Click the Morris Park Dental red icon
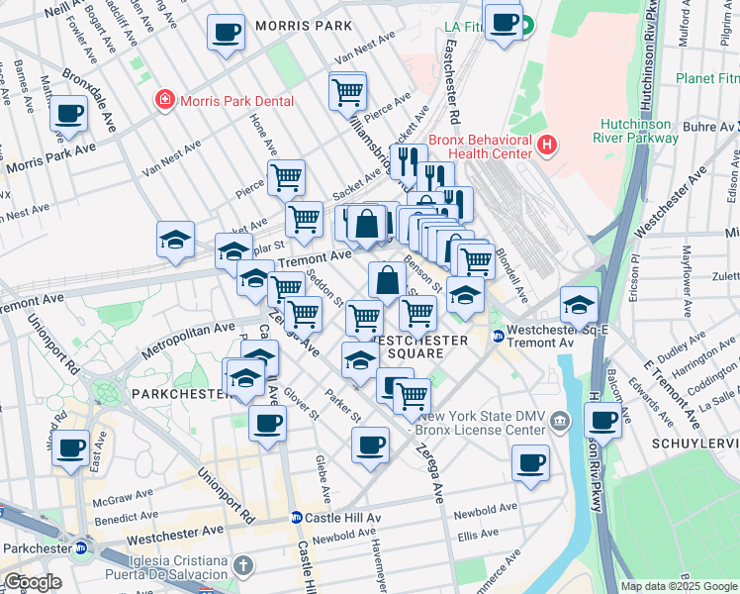pos(163,101)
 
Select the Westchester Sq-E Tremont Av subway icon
pos(500,337)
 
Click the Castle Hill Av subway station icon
pos(296,518)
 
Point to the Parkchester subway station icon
pos(82,547)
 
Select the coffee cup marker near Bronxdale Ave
pos(68,114)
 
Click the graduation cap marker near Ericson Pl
pos(579,304)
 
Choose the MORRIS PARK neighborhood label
pos(303,25)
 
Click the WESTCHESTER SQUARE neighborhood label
pos(418,346)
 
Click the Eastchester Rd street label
pos(454,88)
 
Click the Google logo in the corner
pos(33,582)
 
